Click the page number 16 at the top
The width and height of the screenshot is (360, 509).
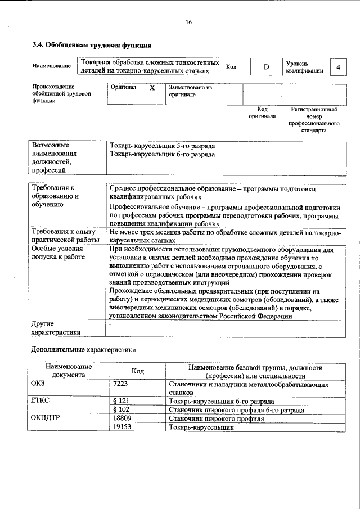coord(189,22)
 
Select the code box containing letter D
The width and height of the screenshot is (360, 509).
coord(267,67)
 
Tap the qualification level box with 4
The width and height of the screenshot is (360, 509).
coord(338,67)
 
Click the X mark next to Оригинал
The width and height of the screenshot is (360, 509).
coord(152,88)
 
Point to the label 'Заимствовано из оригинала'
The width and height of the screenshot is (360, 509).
coord(190,91)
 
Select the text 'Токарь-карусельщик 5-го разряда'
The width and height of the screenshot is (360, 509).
coord(163,145)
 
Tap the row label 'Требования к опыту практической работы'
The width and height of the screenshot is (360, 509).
coord(64,236)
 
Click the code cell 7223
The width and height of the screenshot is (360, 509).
coord(121,383)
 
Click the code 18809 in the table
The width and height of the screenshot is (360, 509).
coord(122,418)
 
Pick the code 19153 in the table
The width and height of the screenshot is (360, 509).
coord(122,427)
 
